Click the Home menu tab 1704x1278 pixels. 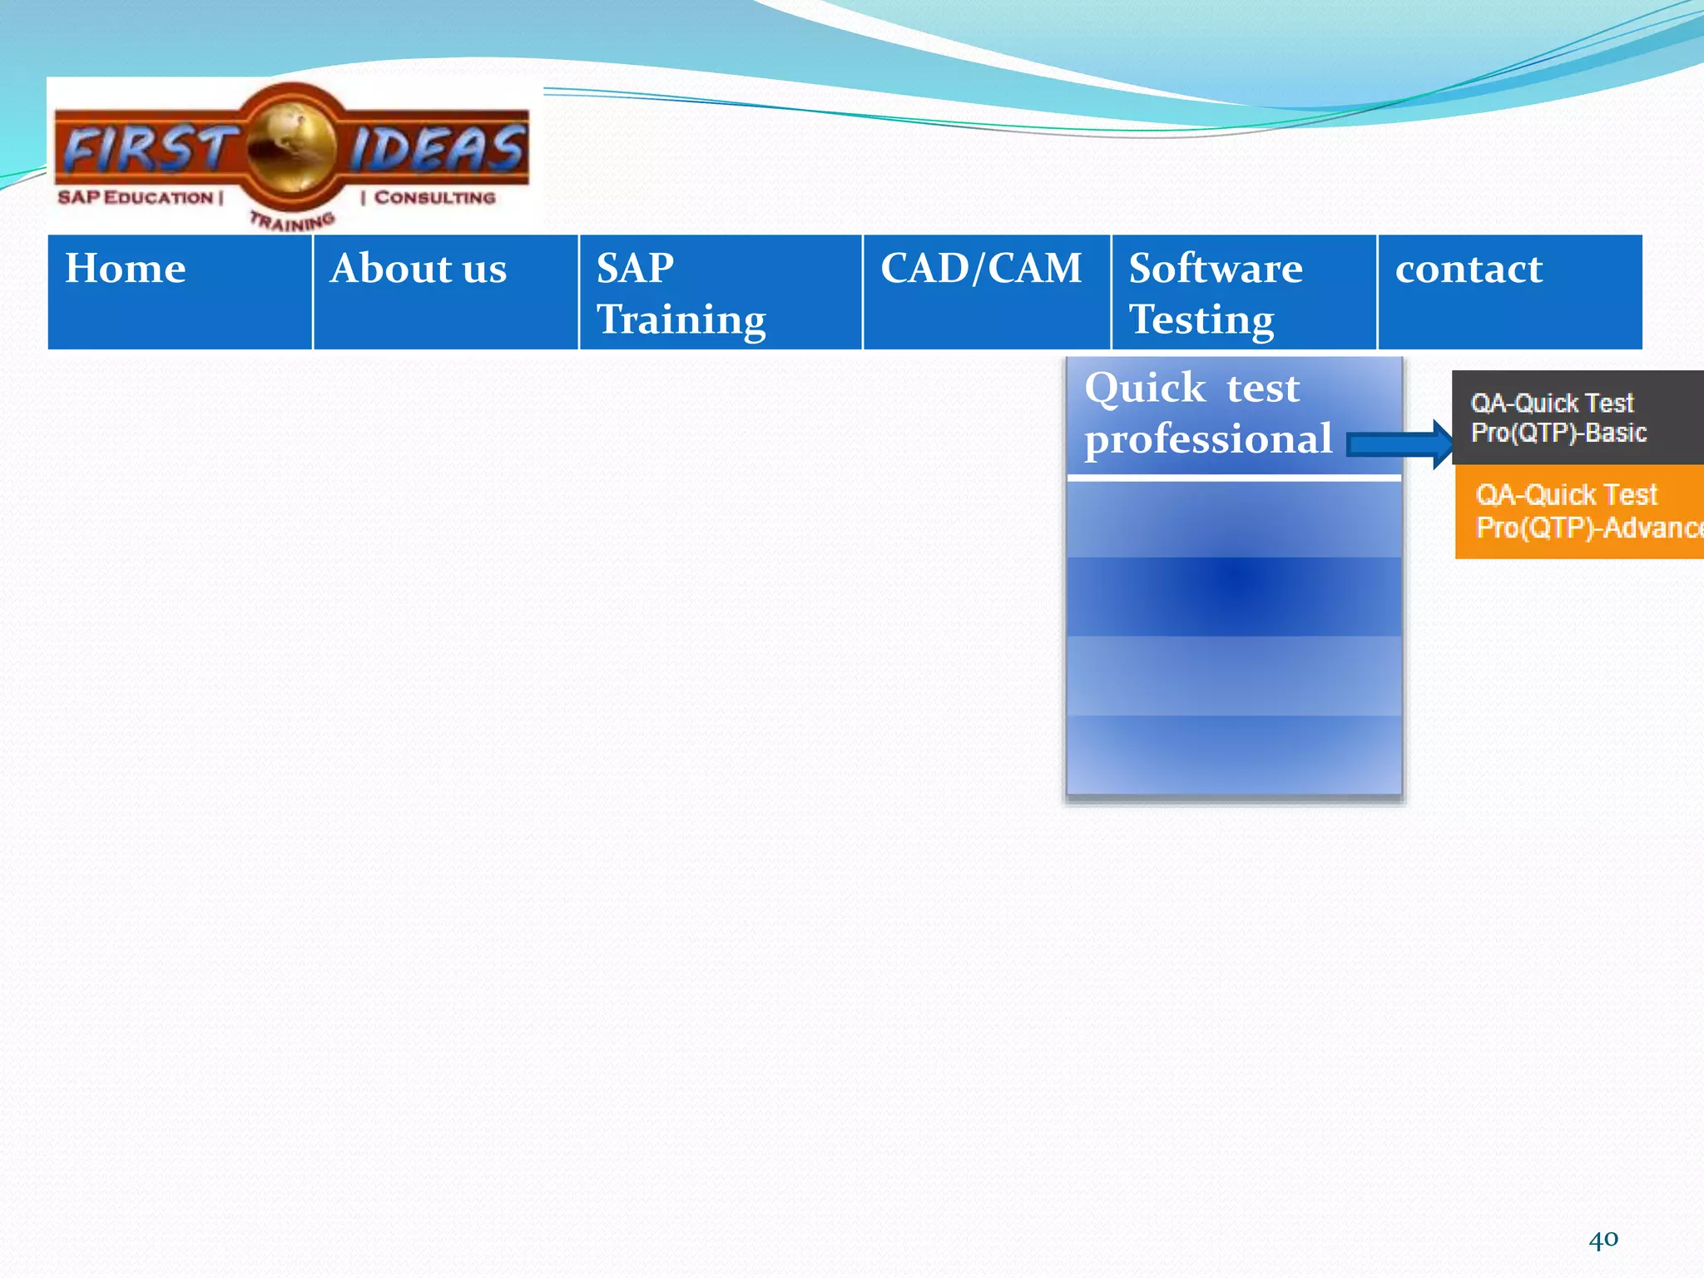pyautogui.click(x=180, y=291)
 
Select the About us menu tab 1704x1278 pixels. pyautogui.click(x=445, y=291)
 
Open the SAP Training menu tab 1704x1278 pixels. pyautogui.click(x=721, y=291)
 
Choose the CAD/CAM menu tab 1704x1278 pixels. pyautogui.click(x=987, y=291)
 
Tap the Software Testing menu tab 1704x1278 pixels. pyautogui.click(x=1244, y=291)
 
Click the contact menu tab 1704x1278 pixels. pyautogui.click(x=1509, y=291)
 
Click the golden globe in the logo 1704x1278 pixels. pyautogui.click(x=291, y=148)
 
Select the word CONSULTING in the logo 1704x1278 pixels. pyautogui.click(x=434, y=198)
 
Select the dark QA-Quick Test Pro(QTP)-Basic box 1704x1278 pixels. pyautogui.click(x=1578, y=418)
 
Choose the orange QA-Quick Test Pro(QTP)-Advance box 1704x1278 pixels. pyautogui.click(x=1579, y=511)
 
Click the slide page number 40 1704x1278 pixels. pyautogui.click(x=1603, y=1239)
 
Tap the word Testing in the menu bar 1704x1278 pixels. pyautogui.click(x=1201, y=320)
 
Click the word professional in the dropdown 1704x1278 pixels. pyautogui.click(x=1208, y=440)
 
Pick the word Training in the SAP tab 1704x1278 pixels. pyautogui.click(x=681, y=320)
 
